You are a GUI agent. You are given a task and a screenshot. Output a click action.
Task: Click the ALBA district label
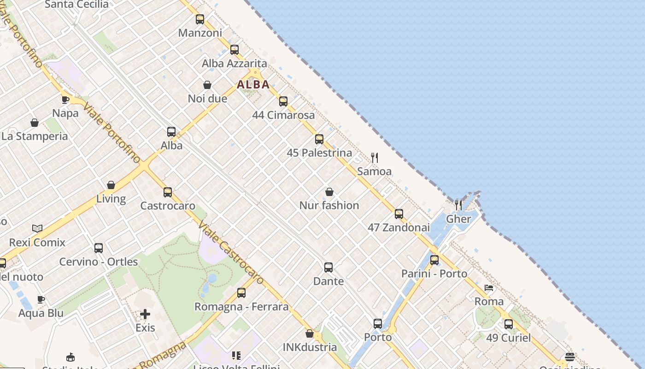[253, 85]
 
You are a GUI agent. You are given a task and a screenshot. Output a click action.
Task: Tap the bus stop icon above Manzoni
[199, 19]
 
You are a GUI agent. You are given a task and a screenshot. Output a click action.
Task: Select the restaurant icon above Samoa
[375, 158]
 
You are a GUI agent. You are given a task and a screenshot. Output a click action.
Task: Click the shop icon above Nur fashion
[329, 192]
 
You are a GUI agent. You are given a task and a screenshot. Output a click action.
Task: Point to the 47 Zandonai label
[399, 227]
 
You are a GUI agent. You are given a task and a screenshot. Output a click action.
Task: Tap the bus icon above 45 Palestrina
[319, 139]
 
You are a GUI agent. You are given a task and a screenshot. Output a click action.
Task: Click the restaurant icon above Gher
[458, 205]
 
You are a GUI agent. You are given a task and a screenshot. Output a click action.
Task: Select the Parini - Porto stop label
[434, 274]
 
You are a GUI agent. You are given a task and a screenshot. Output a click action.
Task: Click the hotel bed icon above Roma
[489, 288]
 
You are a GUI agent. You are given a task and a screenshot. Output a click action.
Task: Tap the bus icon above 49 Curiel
[509, 324]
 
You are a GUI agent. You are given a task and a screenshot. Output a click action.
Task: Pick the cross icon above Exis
[145, 315]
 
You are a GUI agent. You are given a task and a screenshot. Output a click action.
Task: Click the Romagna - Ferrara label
[241, 307]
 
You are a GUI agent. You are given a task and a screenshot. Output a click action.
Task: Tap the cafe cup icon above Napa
[65, 100]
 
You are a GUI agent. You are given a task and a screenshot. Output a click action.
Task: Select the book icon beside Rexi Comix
[37, 228]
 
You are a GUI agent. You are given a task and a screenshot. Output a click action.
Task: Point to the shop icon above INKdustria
[310, 333]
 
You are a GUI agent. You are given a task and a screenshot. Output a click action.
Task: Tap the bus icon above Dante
[328, 268]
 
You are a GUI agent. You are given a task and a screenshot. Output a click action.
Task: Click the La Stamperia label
[35, 137]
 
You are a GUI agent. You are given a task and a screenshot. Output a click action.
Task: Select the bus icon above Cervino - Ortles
[99, 248]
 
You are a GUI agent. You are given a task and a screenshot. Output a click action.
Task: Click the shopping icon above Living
[111, 185]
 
